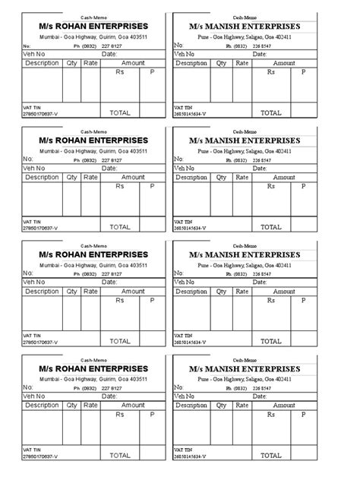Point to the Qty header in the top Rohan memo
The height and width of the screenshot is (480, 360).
coord(71,63)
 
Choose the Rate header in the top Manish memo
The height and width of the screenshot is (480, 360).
coord(242,63)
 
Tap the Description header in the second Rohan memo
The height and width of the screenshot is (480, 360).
coord(42,177)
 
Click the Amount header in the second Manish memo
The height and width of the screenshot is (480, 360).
coord(285,177)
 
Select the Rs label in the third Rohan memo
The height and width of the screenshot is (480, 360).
coord(119,300)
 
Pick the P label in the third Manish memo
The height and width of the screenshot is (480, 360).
coord(303,300)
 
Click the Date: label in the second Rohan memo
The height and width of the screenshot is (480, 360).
coord(109,169)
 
